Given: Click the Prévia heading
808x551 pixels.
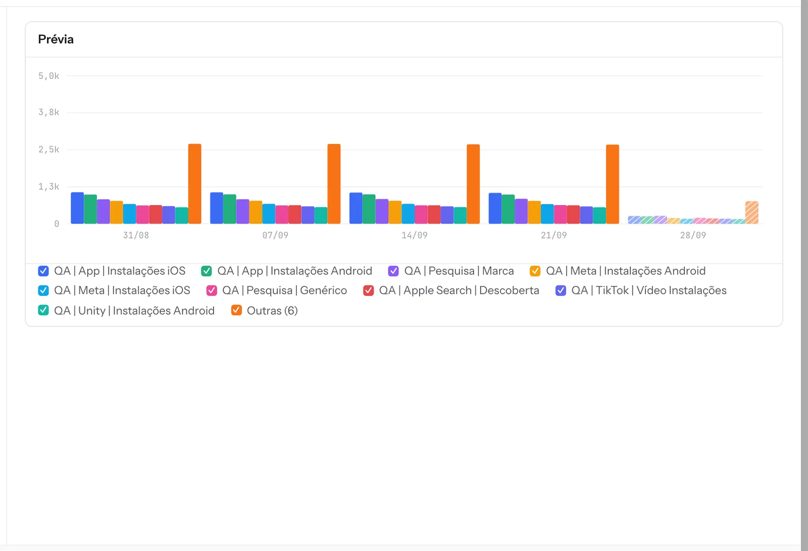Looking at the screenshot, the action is tap(56, 39).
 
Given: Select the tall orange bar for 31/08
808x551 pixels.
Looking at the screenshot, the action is tap(195, 184).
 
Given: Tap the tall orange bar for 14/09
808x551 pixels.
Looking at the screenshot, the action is tap(473, 184).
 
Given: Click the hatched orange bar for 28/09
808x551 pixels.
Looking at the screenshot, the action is tap(752, 213).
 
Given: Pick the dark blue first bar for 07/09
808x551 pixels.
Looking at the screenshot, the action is tap(217, 208).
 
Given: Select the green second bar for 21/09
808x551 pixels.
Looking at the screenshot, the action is tap(508, 209).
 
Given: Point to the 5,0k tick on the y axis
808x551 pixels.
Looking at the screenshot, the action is tap(48, 76).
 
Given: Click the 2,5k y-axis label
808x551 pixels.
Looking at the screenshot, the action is tap(48, 149).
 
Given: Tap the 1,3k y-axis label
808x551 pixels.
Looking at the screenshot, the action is tap(48, 186).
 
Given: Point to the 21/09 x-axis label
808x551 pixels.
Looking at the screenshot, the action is tap(553, 235).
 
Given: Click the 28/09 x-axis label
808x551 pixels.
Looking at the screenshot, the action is tap(693, 235).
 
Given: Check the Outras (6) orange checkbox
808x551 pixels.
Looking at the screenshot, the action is tap(236, 310).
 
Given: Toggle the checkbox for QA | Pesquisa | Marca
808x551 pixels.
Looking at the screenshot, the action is tap(393, 271).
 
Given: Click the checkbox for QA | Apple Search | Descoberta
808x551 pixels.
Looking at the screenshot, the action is tap(368, 290).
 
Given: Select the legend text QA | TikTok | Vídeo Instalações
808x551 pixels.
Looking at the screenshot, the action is tap(649, 290).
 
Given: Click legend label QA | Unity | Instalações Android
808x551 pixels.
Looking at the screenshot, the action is tap(134, 310).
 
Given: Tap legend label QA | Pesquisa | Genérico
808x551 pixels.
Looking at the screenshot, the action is tap(285, 290).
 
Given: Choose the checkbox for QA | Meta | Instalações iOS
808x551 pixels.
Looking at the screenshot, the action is tap(43, 290).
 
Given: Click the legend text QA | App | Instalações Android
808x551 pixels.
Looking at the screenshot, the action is tap(295, 271).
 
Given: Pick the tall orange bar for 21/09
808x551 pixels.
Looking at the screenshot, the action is tap(613, 184).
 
